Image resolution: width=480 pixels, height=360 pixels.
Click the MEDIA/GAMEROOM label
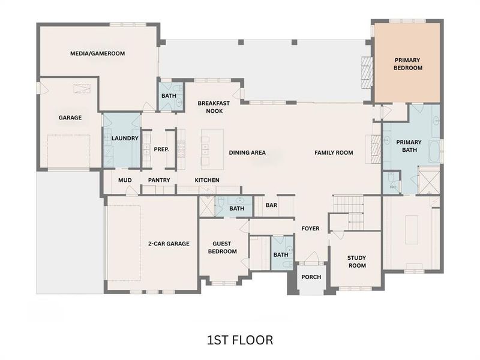[97, 53]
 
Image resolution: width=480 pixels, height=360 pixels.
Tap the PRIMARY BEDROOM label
[408, 64]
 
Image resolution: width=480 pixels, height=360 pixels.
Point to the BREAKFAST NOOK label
[211, 107]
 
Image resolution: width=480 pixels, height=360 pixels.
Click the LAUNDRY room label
[125, 138]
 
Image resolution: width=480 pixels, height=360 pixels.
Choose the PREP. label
[161, 149]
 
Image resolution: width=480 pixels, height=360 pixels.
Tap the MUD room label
[125, 180]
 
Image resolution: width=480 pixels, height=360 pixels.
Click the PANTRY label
[159, 180]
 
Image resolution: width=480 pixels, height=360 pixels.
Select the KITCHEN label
[206, 180]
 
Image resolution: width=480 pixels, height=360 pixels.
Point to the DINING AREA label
[247, 152]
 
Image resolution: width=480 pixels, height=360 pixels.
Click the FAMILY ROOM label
[334, 152]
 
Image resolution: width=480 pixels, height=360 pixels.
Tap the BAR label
[271, 205]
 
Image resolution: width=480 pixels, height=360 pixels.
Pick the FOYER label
[310, 228]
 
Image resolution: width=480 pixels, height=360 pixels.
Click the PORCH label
[311, 277]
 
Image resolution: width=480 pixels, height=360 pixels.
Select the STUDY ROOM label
[356, 262]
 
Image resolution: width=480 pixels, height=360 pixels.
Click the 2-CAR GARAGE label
[169, 244]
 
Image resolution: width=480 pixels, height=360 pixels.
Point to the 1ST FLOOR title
[239, 340]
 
